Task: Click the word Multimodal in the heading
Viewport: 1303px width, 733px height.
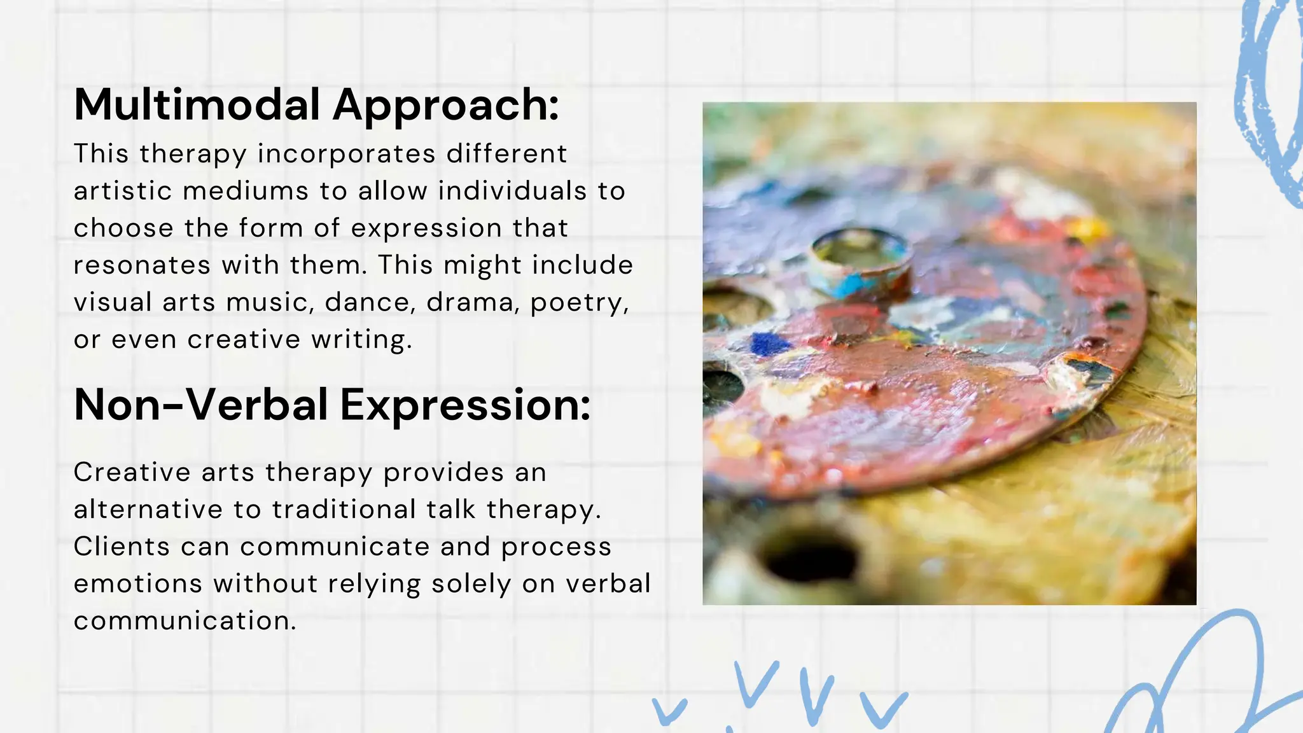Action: [x=197, y=104]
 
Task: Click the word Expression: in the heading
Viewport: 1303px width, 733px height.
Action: [x=465, y=406]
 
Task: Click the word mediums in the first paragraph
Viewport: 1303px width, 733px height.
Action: [x=245, y=191]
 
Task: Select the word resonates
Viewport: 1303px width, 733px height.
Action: [x=141, y=265]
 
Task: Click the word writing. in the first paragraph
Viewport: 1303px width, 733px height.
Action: [x=361, y=340]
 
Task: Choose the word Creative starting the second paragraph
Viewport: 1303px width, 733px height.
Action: [x=132, y=472]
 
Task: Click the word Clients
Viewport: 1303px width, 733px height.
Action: [x=122, y=547]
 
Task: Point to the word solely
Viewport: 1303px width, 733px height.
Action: [x=471, y=584]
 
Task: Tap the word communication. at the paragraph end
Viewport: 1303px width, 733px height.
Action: [x=185, y=621]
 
